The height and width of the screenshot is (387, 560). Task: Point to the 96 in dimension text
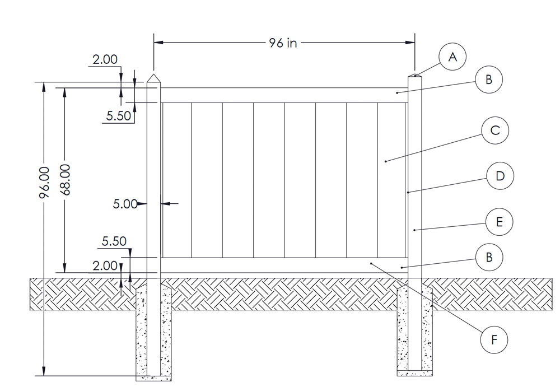point(283,43)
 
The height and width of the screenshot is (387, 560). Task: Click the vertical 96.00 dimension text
point(45,182)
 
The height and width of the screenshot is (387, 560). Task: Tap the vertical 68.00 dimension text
point(66,180)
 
